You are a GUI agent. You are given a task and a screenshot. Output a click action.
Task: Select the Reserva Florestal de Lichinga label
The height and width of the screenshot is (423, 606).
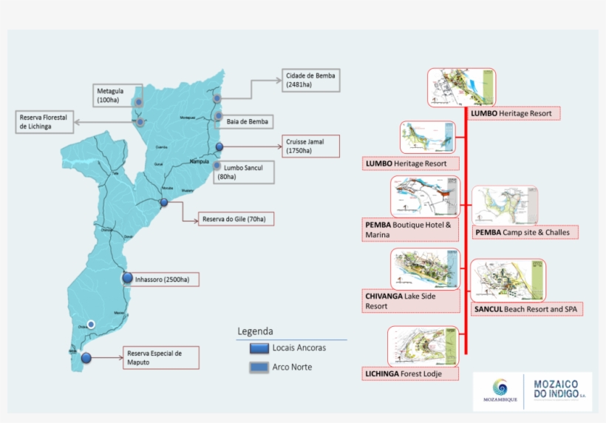click(44, 122)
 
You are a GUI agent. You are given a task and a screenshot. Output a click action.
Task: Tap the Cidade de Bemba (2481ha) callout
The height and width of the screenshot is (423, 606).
click(310, 81)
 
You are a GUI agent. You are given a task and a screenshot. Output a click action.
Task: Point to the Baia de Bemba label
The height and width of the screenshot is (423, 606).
click(247, 121)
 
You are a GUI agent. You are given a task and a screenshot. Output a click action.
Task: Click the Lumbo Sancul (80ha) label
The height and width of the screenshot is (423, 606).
click(244, 172)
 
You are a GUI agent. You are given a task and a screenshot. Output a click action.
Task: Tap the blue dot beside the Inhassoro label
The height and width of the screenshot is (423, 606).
click(127, 279)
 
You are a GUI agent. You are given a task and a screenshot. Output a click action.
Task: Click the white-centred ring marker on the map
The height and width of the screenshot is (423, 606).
click(91, 324)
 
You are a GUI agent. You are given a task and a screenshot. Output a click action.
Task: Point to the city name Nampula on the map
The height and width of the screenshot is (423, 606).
click(200, 161)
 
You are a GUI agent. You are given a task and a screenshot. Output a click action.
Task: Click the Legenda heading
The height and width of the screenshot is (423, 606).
click(255, 331)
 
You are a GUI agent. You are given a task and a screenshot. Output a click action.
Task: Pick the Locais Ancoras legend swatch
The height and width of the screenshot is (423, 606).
click(259, 348)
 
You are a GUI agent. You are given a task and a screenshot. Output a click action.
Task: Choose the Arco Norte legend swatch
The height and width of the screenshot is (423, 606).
click(259, 367)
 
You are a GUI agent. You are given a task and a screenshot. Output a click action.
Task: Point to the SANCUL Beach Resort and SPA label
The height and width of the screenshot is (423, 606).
click(527, 308)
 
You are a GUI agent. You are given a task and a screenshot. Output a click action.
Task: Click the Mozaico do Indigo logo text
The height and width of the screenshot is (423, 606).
click(559, 390)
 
